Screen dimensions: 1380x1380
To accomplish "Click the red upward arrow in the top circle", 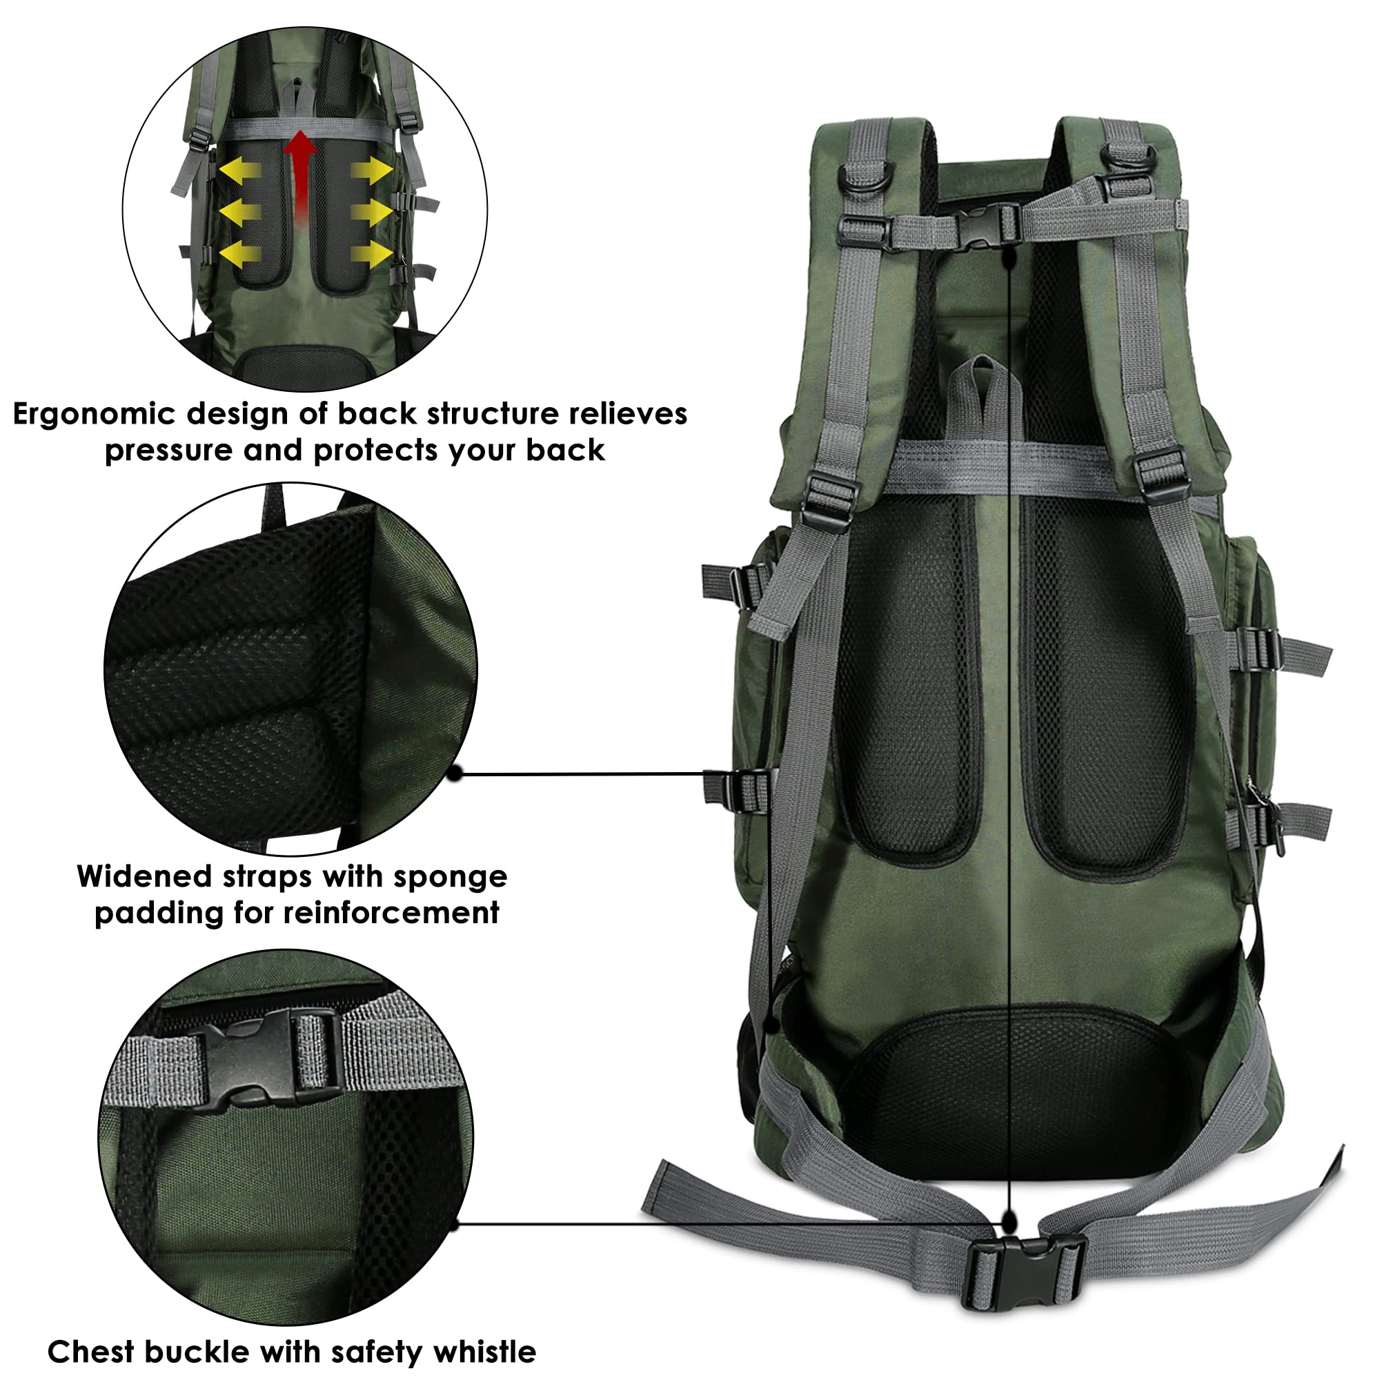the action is tap(300, 171).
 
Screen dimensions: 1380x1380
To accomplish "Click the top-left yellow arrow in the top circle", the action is tap(239, 171).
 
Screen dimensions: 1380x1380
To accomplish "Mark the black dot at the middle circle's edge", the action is tap(455, 773).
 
